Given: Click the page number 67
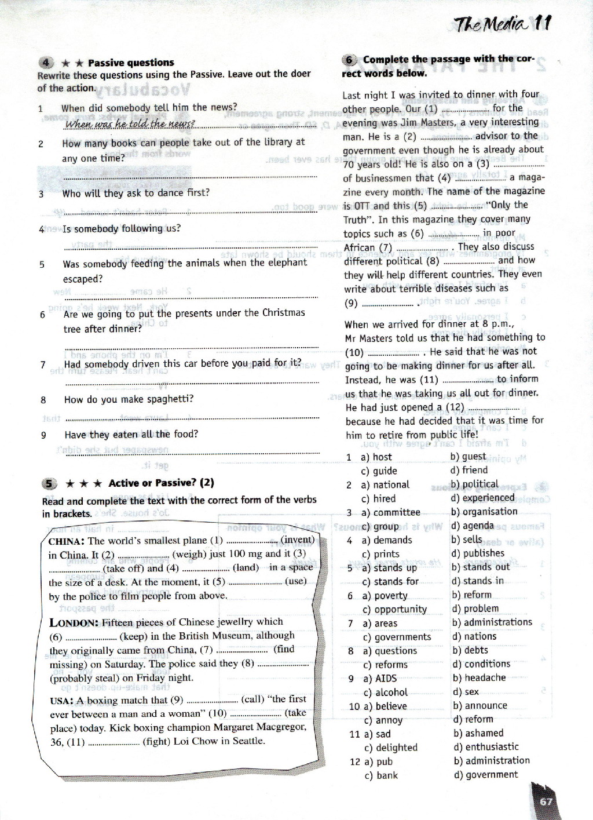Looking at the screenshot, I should pos(546,802).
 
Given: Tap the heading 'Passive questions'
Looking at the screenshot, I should pos(131,63).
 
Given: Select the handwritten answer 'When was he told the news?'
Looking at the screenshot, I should pos(130,124).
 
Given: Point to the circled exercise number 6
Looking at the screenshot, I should pos(350,60).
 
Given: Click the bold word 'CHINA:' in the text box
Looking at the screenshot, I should pos(67,541).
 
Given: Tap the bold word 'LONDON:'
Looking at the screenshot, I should pos(74,623).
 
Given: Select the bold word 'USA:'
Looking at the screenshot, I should pos(62,701).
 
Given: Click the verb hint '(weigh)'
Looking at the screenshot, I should pos(189,554).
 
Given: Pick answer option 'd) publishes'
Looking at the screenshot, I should pos(478,553).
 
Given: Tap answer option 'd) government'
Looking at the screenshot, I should pos(485,775).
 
